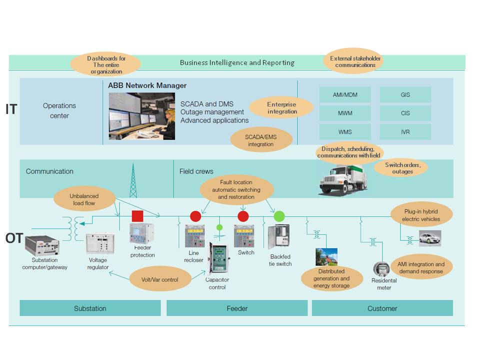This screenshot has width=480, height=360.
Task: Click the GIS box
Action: [405, 94]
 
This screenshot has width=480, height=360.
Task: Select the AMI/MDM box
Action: [345, 94]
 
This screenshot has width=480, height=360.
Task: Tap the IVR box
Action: [405, 131]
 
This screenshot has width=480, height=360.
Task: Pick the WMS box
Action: [345, 131]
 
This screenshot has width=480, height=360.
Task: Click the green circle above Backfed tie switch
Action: [279, 216]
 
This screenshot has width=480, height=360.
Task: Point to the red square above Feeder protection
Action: [137, 216]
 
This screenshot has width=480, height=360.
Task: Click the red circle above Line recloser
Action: [195, 216]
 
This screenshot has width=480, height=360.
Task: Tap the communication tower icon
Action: [133, 180]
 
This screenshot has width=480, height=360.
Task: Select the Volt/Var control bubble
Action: [160, 279]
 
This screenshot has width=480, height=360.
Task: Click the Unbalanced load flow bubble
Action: [84, 199]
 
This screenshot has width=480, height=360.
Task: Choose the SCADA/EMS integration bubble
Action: [260, 140]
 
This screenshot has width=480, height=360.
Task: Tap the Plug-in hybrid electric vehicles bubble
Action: [421, 215]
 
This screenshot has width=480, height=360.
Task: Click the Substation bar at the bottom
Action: [90, 308]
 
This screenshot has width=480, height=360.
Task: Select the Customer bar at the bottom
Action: [382, 308]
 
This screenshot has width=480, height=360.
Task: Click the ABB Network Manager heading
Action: [147, 85]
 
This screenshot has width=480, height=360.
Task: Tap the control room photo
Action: [141, 116]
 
